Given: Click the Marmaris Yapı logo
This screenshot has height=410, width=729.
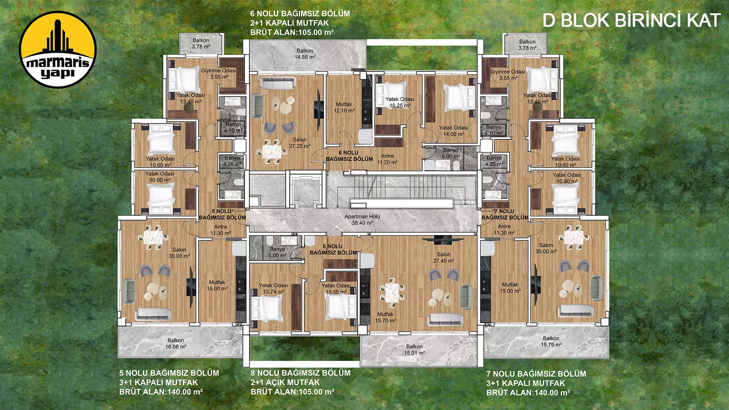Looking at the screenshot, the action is [x=58, y=50].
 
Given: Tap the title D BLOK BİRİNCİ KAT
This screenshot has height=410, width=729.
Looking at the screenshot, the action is [x=631, y=20].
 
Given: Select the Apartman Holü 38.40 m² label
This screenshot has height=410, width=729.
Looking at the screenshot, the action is [x=362, y=220].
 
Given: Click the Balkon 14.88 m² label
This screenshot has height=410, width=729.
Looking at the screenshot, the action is [x=305, y=54].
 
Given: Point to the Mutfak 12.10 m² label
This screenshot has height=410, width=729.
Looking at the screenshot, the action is [x=344, y=107].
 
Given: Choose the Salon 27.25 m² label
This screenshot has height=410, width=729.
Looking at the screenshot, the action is [x=300, y=143].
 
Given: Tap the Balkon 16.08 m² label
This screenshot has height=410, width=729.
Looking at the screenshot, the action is [x=176, y=344].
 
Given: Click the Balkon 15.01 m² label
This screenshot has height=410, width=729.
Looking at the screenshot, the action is [x=415, y=350].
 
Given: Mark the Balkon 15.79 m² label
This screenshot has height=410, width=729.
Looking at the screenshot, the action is [x=551, y=342].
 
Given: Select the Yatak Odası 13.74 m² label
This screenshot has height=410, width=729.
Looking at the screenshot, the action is [x=273, y=289].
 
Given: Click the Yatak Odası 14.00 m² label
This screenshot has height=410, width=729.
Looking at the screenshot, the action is [x=454, y=131].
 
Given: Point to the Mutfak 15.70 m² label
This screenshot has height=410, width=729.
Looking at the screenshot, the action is [x=385, y=317].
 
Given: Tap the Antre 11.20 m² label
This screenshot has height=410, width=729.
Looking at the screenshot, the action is [x=387, y=159].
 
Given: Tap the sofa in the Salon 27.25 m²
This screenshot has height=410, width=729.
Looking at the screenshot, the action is [x=278, y=82].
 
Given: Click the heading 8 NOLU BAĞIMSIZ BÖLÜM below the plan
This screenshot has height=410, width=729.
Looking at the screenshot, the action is [x=300, y=373].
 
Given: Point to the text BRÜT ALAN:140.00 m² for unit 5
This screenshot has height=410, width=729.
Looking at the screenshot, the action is [x=161, y=392].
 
